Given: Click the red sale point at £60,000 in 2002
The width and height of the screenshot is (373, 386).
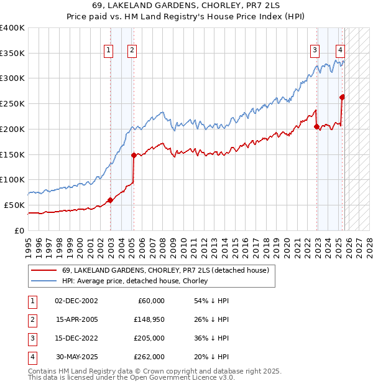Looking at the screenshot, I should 111,200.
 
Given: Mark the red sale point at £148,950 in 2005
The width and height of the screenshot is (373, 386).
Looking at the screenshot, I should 134,155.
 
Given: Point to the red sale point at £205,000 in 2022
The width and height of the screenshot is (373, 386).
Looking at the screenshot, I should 316,126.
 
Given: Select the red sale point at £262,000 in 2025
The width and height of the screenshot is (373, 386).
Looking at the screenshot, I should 342,97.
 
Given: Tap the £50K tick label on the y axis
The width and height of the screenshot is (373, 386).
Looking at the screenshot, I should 15,205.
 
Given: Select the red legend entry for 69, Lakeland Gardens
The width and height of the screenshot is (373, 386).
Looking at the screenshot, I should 165,270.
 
